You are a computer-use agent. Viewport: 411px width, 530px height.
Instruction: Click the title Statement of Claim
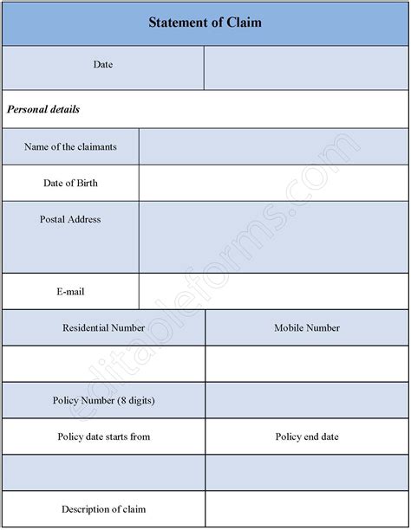click(x=205, y=23)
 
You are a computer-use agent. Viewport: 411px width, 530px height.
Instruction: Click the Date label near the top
click(x=102, y=65)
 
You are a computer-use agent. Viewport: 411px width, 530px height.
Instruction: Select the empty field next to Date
click(x=306, y=68)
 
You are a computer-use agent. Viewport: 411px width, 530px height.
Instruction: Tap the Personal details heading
click(x=43, y=110)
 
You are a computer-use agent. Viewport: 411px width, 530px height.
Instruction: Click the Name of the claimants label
click(x=71, y=146)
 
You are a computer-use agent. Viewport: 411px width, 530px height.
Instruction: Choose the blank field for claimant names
click(x=273, y=146)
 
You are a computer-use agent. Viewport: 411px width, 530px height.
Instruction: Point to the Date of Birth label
click(x=71, y=183)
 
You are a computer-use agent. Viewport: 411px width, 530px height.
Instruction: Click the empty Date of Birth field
click(x=273, y=183)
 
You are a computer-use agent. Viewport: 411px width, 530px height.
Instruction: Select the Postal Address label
click(x=70, y=220)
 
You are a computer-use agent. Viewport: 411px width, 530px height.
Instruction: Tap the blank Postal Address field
click(x=273, y=236)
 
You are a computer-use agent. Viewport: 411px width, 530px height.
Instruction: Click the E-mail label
click(x=70, y=292)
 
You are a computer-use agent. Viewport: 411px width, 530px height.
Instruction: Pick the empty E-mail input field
click(x=273, y=292)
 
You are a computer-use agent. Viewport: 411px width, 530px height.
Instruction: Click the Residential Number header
click(x=104, y=328)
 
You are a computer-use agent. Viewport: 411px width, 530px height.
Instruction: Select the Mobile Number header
click(x=307, y=328)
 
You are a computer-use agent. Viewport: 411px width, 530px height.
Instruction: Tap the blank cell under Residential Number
click(x=104, y=364)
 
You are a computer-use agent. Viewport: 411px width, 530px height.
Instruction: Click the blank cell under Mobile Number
click(x=307, y=364)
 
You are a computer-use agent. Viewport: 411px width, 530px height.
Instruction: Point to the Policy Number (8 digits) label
click(x=104, y=400)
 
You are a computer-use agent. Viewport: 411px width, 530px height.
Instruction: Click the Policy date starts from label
click(x=104, y=436)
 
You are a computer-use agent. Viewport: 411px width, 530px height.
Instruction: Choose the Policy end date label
click(x=307, y=436)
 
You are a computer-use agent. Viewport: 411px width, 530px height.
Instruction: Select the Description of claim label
click(x=104, y=508)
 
